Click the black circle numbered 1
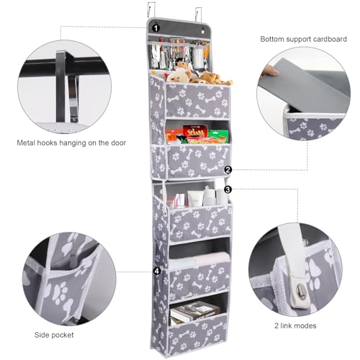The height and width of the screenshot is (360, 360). (x=156, y=27)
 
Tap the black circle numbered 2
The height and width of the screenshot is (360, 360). (x=228, y=171)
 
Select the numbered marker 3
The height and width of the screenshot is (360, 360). (x=228, y=189)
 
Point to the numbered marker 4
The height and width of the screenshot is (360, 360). (x=156, y=271)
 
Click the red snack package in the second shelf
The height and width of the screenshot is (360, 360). (x=194, y=132)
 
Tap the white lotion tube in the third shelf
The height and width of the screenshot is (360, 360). (x=209, y=197)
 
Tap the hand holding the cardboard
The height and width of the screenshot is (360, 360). (x=270, y=71)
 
